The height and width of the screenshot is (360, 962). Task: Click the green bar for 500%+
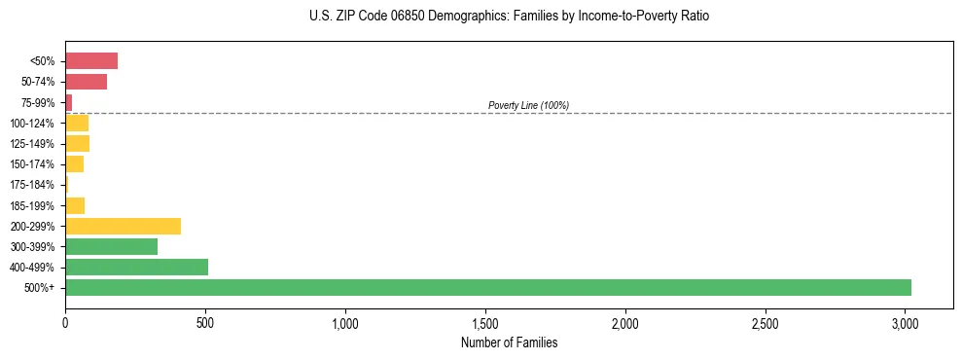[x=487, y=287]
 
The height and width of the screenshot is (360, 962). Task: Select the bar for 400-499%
[x=136, y=267]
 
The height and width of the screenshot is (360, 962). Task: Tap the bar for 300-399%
[x=111, y=246]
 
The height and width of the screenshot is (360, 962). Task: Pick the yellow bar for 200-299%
[x=123, y=226]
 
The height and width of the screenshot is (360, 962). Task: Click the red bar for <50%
[x=91, y=61]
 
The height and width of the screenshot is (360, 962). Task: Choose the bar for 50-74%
[x=86, y=82]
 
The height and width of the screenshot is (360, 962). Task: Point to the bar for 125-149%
[x=77, y=144]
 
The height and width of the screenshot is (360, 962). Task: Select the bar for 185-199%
[x=75, y=205]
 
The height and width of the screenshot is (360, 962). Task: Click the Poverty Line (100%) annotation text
[x=528, y=105]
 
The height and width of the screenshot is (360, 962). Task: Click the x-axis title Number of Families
[x=509, y=342]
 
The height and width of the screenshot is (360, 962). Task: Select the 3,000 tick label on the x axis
[x=906, y=322]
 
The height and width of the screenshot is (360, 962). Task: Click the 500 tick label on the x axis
[x=205, y=322]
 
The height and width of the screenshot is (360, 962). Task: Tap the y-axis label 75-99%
[x=39, y=103]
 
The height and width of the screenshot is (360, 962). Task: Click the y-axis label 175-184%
[x=34, y=185]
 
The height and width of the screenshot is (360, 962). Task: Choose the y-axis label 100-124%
[x=34, y=124]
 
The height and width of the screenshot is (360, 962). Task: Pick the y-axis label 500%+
[x=41, y=288]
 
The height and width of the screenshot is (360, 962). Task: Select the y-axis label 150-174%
[x=34, y=164]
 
